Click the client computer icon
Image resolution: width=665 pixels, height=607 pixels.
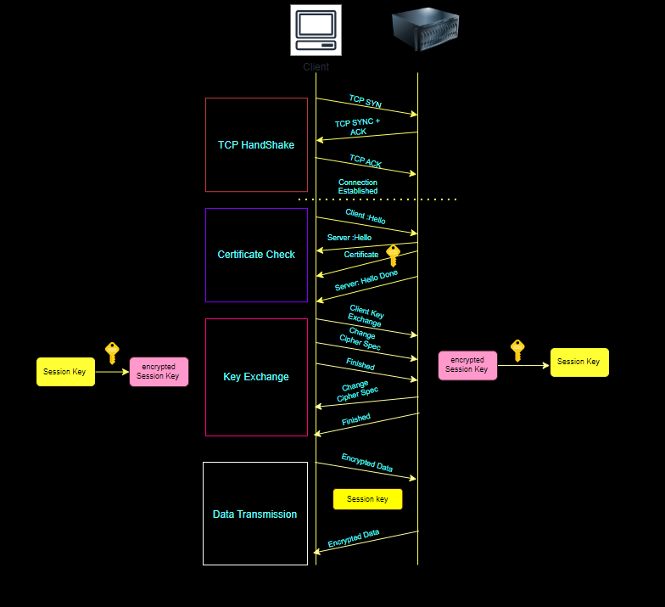[316, 30]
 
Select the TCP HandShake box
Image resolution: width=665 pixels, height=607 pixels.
[256, 144]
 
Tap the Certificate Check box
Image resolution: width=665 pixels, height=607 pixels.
[256, 255]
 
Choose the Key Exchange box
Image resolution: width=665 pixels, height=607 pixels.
[256, 377]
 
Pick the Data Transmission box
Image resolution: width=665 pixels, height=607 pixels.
[255, 514]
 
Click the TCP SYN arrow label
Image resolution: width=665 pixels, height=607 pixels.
[366, 102]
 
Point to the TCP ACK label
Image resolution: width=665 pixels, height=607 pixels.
[366, 161]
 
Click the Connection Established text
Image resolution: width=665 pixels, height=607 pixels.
[358, 187]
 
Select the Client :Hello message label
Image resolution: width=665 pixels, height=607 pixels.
[366, 216]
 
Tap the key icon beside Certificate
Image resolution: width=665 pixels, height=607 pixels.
[393, 256]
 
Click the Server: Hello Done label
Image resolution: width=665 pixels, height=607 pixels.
[366, 280]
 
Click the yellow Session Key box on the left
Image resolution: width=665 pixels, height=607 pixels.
[65, 372]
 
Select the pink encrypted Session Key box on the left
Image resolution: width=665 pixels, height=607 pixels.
[159, 372]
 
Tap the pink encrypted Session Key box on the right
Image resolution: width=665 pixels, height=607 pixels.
[467, 365]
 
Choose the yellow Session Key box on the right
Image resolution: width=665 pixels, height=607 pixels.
[579, 362]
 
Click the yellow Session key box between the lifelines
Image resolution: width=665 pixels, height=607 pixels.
[367, 499]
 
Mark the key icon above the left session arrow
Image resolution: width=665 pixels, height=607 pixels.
[112, 352]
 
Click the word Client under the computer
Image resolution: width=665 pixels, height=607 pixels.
[316, 66]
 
